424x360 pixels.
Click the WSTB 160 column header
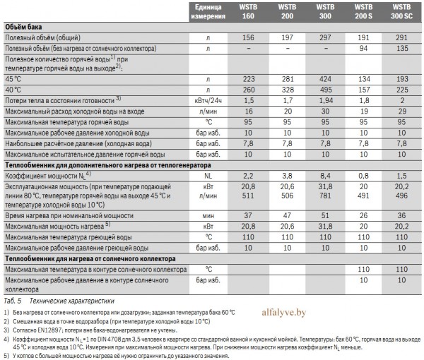(x=248, y=11)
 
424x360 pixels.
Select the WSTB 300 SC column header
(x=401, y=11)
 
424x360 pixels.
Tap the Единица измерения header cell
(x=208, y=11)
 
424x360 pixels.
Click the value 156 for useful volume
(x=248, y=37)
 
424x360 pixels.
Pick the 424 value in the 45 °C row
(x=325, y=79)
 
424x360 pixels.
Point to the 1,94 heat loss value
(x=325, y=101)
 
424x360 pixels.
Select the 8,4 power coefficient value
(x=325, y=176)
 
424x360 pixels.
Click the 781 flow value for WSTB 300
(x=325, y=196)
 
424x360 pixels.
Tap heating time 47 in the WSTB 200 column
(x=287, y=215)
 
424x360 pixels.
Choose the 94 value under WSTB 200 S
(x=363, y=48)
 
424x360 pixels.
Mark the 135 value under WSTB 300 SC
(x=402, y=48)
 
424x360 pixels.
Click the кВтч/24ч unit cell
(x=208, y=101)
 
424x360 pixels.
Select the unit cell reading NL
(x=208, y=176)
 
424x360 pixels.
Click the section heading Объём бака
(x=23, y=27)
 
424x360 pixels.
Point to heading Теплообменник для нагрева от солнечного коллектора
(x=90, y=259)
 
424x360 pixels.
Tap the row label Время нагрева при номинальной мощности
(x=69, y=216)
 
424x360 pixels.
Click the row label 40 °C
(x=13, y=90)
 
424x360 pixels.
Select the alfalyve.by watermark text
(x=284, y=313)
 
